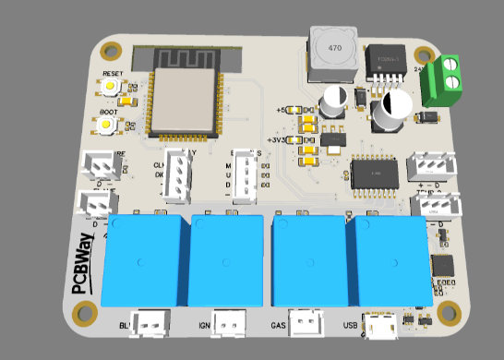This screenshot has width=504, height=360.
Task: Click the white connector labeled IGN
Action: tap(231, 322)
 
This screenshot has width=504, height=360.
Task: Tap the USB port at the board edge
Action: tap(379, 325)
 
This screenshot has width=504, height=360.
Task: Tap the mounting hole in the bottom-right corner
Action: tap(450, 311)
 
